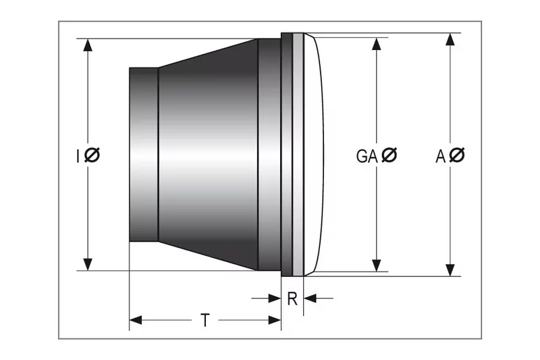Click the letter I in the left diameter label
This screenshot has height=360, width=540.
[78, 156]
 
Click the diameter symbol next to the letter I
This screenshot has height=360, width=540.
[92, 156]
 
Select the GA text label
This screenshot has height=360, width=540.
[367, 156]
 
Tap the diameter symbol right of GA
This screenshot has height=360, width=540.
[389, 156]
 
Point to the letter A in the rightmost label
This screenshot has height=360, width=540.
[440, 156]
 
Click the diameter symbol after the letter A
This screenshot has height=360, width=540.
[457, 156]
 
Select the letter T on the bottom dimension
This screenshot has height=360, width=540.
[205, 320]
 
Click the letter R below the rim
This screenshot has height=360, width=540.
[292, 299]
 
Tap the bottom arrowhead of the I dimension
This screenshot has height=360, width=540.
[88, 264]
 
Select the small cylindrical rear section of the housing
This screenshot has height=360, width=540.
[143, 155]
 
